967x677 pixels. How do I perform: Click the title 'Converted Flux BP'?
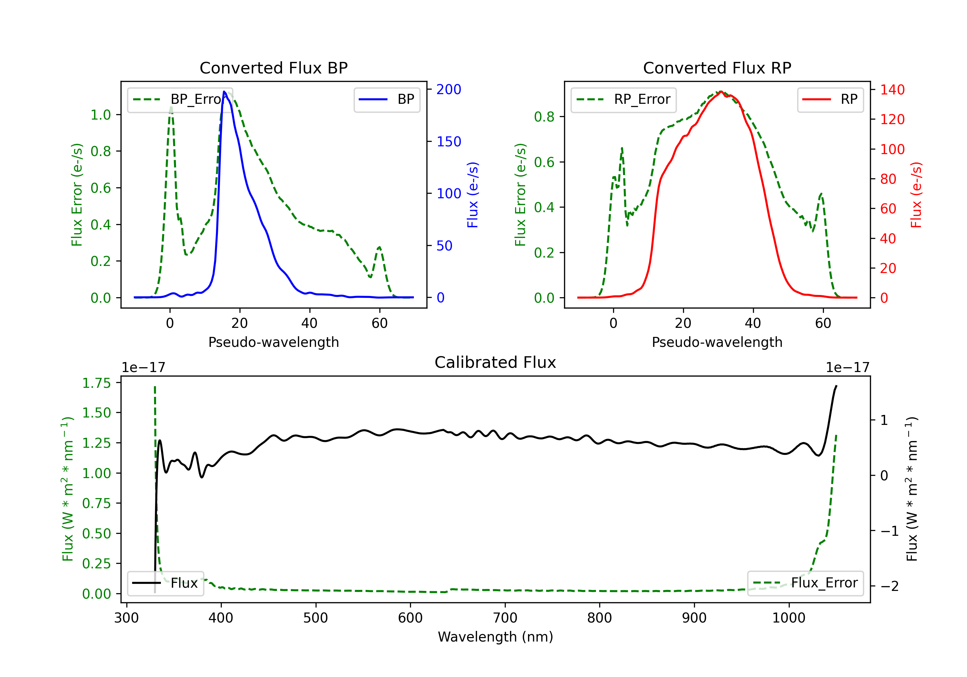pos(273,68)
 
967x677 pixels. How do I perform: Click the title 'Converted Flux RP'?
pos(717,68)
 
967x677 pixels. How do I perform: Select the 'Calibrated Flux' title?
pos(495,362)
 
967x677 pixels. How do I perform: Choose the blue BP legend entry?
pos(386,99)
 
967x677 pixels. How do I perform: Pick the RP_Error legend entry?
pos(623,99)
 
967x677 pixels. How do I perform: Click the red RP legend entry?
pos(830,99)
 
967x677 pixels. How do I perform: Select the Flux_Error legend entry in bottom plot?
pos(805,583)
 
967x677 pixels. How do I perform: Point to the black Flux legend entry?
pos(165,583)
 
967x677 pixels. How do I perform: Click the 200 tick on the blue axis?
pos(449,89)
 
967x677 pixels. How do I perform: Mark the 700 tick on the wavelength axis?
pos(505,618)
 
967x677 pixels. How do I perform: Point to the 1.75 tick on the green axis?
pos(96,383)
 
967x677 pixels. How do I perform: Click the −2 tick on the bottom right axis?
pos(890,586)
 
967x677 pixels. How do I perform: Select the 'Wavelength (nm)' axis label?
pos(495,637)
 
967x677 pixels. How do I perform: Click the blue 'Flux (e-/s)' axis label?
pos(473,195)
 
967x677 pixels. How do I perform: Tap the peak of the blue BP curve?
pos(224,92)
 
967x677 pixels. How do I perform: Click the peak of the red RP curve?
pos(721,92)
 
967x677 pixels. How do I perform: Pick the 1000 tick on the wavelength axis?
pos(789,618)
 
